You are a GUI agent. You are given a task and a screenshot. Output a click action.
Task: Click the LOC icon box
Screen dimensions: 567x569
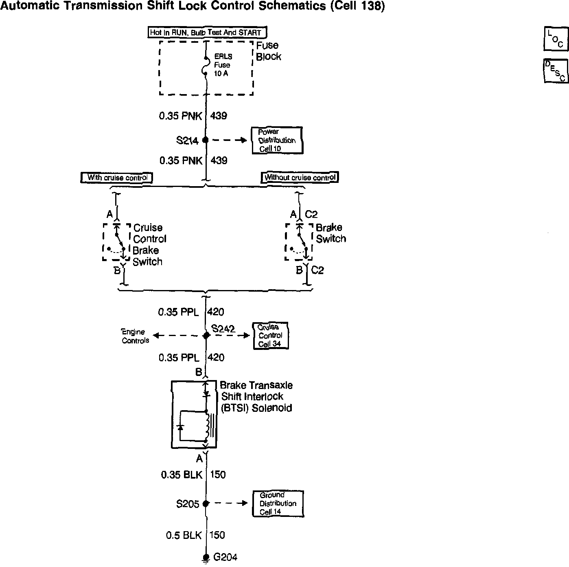click(556, 39)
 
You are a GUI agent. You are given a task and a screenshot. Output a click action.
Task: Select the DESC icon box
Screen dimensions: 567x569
click(556, 71)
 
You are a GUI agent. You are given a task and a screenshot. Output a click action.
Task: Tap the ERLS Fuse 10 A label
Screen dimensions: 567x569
click(223, 65)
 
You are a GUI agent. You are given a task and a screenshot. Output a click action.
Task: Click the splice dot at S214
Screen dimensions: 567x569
click(206, 140)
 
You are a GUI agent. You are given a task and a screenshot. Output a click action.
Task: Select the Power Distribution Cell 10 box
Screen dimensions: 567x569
click(277, 140)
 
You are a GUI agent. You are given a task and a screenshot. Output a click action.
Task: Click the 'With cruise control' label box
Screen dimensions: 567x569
click(117, 178)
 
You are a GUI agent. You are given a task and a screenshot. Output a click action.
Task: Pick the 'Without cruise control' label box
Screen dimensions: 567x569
click(300, 177)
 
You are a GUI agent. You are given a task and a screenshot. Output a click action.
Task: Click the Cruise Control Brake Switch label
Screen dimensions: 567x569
click(149, 244)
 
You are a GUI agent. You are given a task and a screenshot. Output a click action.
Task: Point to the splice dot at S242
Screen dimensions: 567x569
click(206, 335)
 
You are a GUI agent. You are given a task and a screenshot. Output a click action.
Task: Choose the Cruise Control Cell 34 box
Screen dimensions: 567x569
click(270, 336)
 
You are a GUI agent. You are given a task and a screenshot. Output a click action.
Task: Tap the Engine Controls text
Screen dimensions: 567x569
click(135, 336)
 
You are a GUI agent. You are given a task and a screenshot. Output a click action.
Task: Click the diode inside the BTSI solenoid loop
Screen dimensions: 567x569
click(180, 427)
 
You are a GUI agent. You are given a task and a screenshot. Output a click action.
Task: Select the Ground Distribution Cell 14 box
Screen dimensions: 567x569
click(278, 503)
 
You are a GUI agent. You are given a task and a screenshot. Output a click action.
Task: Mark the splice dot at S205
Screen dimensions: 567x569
click(206, 503)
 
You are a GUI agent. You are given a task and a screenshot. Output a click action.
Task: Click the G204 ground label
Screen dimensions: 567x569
click(225, 557)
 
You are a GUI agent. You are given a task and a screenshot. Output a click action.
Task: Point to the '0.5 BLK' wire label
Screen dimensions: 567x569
click(184, 535)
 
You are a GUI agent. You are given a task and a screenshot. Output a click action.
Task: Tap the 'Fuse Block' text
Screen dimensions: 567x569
click(268, 51)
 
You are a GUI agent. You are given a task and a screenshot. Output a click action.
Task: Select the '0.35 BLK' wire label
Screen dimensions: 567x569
click(182, 475)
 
